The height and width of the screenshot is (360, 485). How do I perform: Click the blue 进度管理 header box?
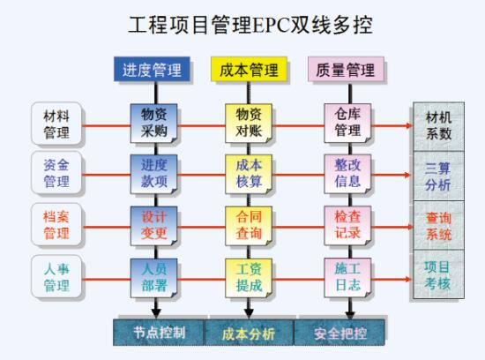[152, 69]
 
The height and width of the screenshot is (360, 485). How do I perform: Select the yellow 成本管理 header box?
[249, 69]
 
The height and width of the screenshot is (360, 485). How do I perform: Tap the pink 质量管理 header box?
[346, 69]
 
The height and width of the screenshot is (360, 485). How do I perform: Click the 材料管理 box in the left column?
[56, 124]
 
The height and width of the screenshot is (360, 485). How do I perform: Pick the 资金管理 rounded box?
[56, 172]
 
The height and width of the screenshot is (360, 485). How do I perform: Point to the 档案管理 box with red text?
[56, 224]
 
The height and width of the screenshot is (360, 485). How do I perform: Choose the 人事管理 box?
[56, 277]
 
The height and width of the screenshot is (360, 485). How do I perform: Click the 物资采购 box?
[153, 124]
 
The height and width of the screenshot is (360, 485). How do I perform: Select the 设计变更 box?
[153, 226]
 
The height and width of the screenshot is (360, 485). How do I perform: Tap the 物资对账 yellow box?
[249, 124]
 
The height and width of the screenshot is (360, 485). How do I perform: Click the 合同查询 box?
[249, 226]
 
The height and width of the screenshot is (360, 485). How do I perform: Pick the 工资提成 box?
[249, 278]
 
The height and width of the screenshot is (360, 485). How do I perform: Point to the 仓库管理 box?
[347, 124]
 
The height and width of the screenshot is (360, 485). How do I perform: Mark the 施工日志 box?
[347, 278]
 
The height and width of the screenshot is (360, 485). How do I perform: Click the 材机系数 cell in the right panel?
[438, 126]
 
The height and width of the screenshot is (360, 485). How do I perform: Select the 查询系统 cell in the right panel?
[438, 225]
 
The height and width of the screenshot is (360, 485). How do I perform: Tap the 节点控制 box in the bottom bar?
[159, 333]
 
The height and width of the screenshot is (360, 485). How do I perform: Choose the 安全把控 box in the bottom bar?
[339, 333]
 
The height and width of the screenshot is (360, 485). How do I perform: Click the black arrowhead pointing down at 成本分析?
[249, 313]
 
